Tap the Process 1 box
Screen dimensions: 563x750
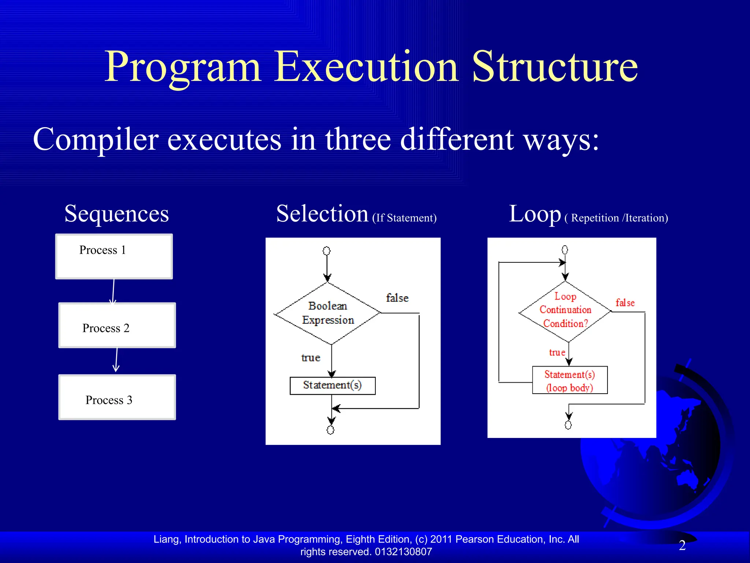pos(114,257)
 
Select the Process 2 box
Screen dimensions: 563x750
pos(117,325)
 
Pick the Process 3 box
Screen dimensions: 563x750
pos(117,397)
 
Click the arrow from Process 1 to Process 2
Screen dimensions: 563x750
pos(113,291)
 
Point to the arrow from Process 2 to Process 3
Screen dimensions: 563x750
pos(116,360)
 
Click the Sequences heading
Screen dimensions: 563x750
pos(116,214)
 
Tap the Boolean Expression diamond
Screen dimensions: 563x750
pos(328,313)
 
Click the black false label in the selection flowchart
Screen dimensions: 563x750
pos(397,298)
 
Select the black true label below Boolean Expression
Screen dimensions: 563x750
pos(311,357)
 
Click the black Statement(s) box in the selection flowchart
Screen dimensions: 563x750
pos(332,386)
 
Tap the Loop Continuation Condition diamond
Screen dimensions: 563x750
pos(565,311)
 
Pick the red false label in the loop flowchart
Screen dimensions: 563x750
pos(625,303)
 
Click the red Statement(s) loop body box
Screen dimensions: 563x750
pos(569,380)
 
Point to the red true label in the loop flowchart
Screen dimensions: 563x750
pos(557,353)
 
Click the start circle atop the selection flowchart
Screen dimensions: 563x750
pos(326,251)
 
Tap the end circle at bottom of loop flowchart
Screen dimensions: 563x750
pos(568,425)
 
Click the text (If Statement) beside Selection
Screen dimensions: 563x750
pos(404,218)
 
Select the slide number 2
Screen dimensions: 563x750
pos(682,545)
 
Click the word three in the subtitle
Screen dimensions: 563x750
pos(358,139)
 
